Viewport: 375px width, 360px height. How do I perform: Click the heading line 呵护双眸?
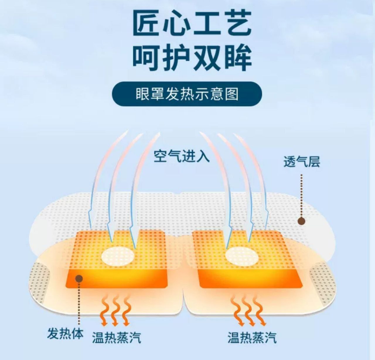[192, 57]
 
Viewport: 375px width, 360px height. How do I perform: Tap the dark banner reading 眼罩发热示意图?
[187, 94]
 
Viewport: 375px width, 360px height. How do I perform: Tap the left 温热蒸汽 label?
[116, 337]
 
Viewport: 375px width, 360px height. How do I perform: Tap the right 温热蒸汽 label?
[252, 337]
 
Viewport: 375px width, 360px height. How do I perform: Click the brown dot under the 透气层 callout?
[301, 221]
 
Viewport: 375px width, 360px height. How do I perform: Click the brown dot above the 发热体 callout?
[79, 278]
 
